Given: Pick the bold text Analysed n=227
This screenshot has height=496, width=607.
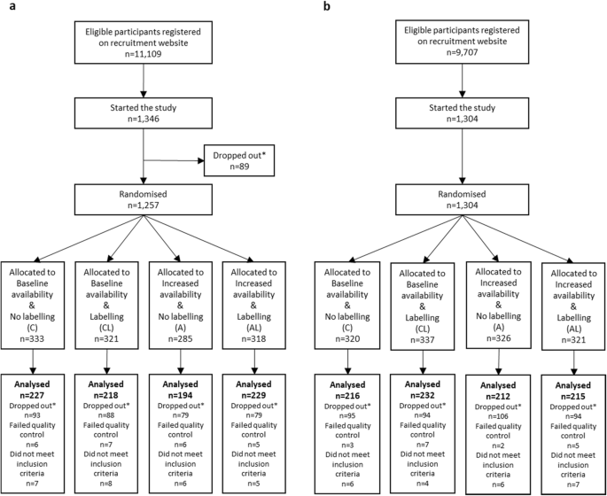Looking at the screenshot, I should pyautogui.click(x=33, y=387).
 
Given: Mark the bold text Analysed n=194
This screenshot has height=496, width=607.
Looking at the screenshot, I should pyautogui.click(x=181, y=387).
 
